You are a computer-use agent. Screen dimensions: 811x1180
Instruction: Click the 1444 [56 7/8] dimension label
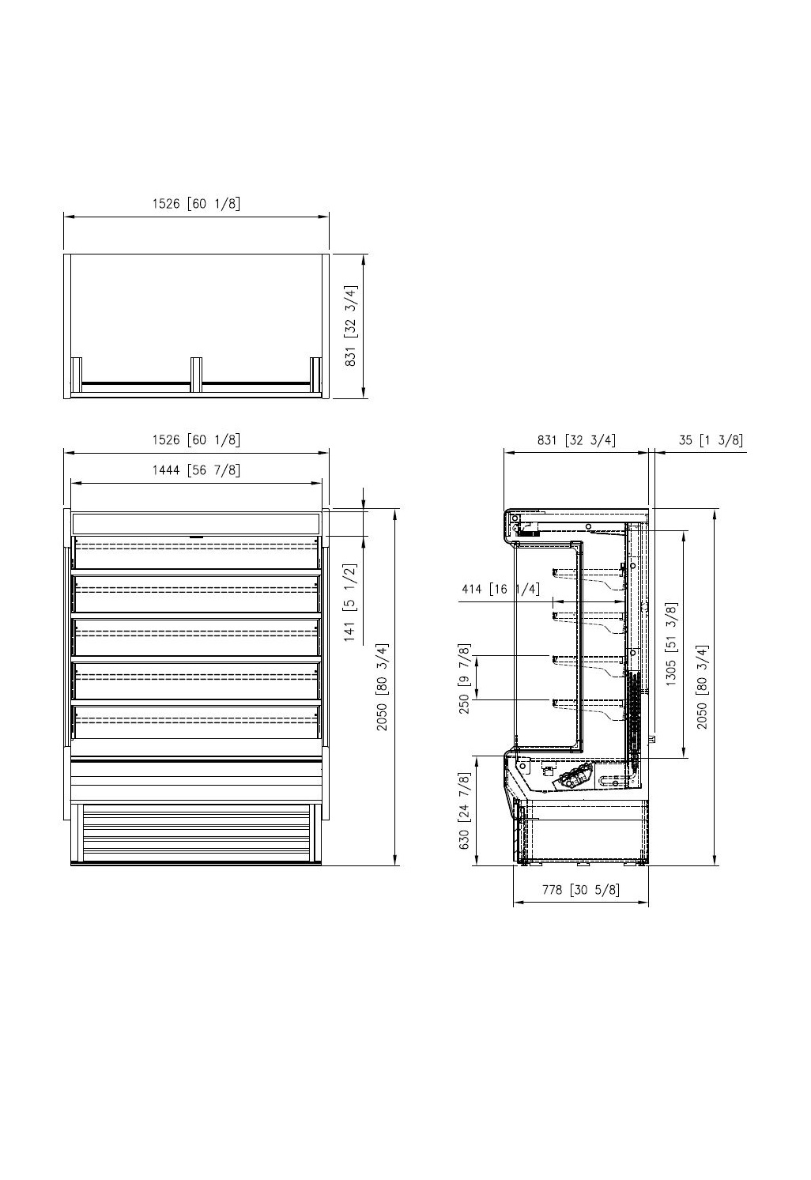196,470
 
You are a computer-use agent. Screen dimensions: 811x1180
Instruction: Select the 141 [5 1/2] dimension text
350,602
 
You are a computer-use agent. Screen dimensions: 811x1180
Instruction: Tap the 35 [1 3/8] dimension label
711,440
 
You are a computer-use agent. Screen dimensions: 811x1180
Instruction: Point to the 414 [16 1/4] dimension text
500,589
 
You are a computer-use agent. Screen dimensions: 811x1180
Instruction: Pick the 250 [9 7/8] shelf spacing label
464,678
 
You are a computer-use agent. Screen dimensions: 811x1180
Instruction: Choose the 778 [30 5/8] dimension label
581,890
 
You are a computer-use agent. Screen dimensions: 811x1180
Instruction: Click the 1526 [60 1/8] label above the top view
196,204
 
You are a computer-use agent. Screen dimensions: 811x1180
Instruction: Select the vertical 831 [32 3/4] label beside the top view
350,326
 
